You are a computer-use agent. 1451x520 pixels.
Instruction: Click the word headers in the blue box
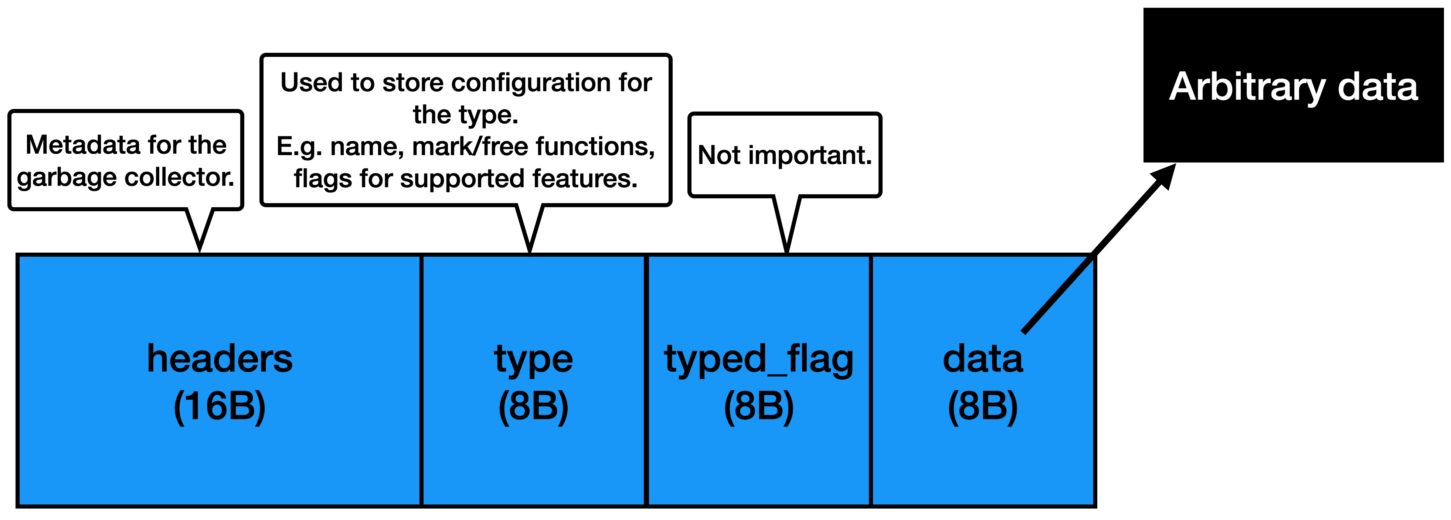point(220,359)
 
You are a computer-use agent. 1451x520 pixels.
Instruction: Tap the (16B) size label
point(220,406)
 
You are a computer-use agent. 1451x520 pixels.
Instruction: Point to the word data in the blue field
point(983,359)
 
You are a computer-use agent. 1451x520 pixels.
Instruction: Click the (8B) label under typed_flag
point(759,406)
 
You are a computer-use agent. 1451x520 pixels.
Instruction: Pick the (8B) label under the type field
point(533,406)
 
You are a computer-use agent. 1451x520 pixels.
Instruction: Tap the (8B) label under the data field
point(983,406)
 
